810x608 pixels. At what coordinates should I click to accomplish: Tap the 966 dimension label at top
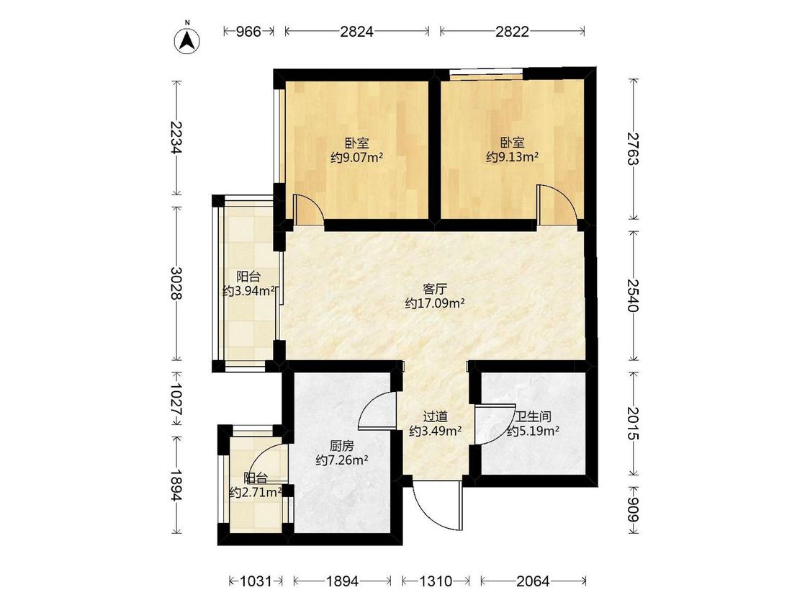pyautogui.click(x=248, y=32)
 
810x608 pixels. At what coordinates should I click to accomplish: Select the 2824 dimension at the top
pyautogui.click(x=356, y=32)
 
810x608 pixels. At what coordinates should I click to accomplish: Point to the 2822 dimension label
pyautogui.click(x=512, y=32)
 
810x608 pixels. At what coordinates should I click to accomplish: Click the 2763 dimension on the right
pyautogui.click(x=633, y=149)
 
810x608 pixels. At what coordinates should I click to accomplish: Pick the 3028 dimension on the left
pyautogui.click(x=176, y=283)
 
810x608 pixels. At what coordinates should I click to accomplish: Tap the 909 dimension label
pyautogui.click(x=633, y=510)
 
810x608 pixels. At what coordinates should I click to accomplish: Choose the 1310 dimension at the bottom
pyautogui.click(x=436, y=581)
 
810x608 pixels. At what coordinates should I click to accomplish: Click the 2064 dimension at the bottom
pyautogui.click(x=533, y=581)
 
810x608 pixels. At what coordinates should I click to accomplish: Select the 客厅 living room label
pyautogui.click(x=434, y=289)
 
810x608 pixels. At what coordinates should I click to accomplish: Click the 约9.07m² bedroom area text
pyautogui.click(x=356, y=157)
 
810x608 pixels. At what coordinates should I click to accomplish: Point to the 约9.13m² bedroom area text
pyautogui.click(x=512, y=157)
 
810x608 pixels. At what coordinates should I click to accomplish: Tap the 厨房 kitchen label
pyautogui.click(x=341, y=446)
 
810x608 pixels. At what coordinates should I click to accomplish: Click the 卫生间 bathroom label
pyautogui.click(x=533, y=416)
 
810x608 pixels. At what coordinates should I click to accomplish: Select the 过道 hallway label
pyautogui.click(x=435, y=416)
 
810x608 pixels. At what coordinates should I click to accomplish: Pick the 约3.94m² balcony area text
pyautogui.click(x=248, y=292)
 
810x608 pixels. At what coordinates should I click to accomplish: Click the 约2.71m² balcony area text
pyautogui.click(x=255, y=493)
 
